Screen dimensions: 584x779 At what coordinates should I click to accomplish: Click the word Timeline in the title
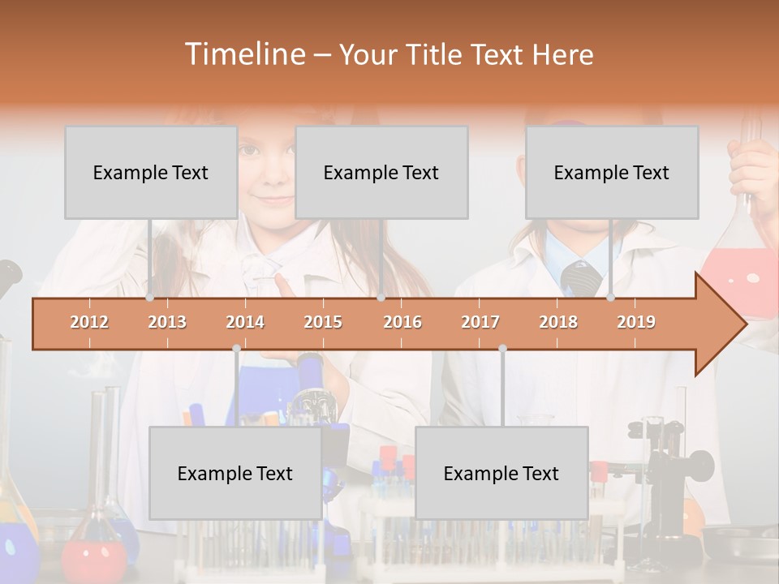pos(243,54)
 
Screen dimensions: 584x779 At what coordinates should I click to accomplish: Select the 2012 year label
pos(89,322)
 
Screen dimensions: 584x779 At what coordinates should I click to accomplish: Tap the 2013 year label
pos(167,322)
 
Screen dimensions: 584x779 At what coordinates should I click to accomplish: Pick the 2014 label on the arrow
pos(245,322)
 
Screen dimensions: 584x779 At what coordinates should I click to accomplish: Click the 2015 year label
pos(323,322)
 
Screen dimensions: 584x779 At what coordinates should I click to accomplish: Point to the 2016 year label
pos(402,322)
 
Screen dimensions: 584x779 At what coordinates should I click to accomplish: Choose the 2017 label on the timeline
pos(480,322)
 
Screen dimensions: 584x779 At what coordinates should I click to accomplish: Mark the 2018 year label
pos(558,322)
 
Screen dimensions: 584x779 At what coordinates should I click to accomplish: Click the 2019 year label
pos(636,322)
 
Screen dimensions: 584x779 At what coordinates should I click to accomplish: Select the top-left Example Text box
pos(151,172)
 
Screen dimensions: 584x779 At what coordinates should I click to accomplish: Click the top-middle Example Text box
pos(381,172)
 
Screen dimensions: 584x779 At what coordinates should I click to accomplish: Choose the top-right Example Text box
pos(612,172)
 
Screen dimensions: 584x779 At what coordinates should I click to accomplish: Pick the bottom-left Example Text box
pos(235,473)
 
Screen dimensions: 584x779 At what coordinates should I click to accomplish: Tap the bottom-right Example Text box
pos(501,473)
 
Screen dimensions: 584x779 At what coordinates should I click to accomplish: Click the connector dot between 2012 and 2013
pos(150,298)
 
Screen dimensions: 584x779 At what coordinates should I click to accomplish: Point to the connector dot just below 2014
pos(236,348)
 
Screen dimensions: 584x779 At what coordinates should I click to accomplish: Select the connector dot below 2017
pos(502,348)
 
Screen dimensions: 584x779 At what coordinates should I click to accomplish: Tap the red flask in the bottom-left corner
pos(94,556)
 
